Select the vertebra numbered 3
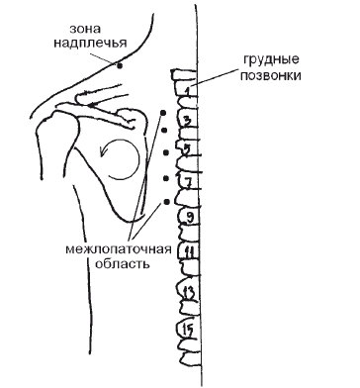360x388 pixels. pyautogui.click(x=186, y=120)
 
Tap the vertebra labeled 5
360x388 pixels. pyautogui.click(x=187, y=149)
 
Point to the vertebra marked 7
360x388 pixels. pyautogui.click(x=187, y=181)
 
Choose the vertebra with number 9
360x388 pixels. pyautogui.click(x=189, y=215)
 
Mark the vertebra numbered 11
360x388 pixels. pyautogui.click(x=188, y=252)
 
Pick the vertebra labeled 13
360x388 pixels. pyautogui.click(x=188, y=290)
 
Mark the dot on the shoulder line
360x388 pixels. pyautogui.click(x=119, y=66)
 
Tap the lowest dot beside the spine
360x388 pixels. pyautogui.click(x=165, y=203)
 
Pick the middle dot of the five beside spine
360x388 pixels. pyautogui.click(x=165, y=152)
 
